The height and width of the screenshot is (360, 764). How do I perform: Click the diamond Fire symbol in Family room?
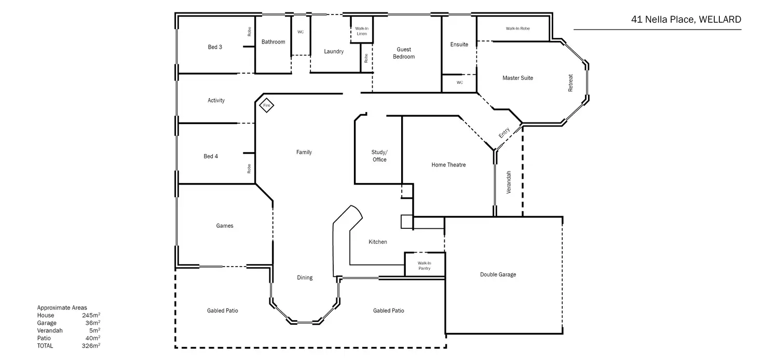267,105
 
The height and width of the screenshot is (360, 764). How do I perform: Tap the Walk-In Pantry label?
425,266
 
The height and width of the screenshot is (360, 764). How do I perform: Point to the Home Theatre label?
448,165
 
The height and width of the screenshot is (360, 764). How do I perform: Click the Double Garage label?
498,274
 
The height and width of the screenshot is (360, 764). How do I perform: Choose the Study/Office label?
379,156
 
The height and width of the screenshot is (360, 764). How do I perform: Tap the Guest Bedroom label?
404,53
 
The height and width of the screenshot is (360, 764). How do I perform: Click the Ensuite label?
459,45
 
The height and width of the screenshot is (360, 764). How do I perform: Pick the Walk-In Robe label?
517,29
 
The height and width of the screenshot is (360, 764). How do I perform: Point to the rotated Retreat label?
570,84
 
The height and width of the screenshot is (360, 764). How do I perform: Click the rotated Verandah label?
509,183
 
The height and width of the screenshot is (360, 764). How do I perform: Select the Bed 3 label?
215,47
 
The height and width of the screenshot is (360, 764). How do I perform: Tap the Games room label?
225,226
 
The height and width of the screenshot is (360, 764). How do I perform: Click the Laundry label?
334,51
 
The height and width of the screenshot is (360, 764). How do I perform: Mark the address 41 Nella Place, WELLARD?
686,20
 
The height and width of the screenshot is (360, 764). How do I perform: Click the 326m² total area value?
91,345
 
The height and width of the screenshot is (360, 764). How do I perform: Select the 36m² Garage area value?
93,323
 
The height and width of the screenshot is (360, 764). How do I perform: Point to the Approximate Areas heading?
62,308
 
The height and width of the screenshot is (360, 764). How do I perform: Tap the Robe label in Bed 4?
249,169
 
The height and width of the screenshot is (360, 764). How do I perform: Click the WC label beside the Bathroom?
301,32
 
